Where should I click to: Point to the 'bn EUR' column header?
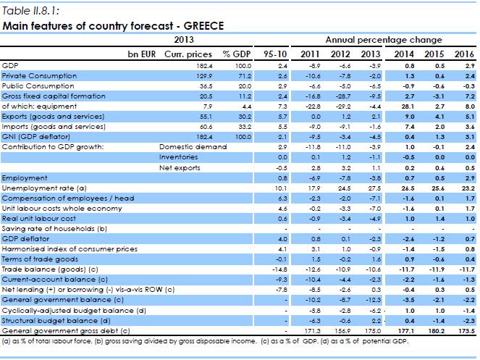pos(142,54)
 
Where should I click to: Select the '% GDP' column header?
pos(236,54)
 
